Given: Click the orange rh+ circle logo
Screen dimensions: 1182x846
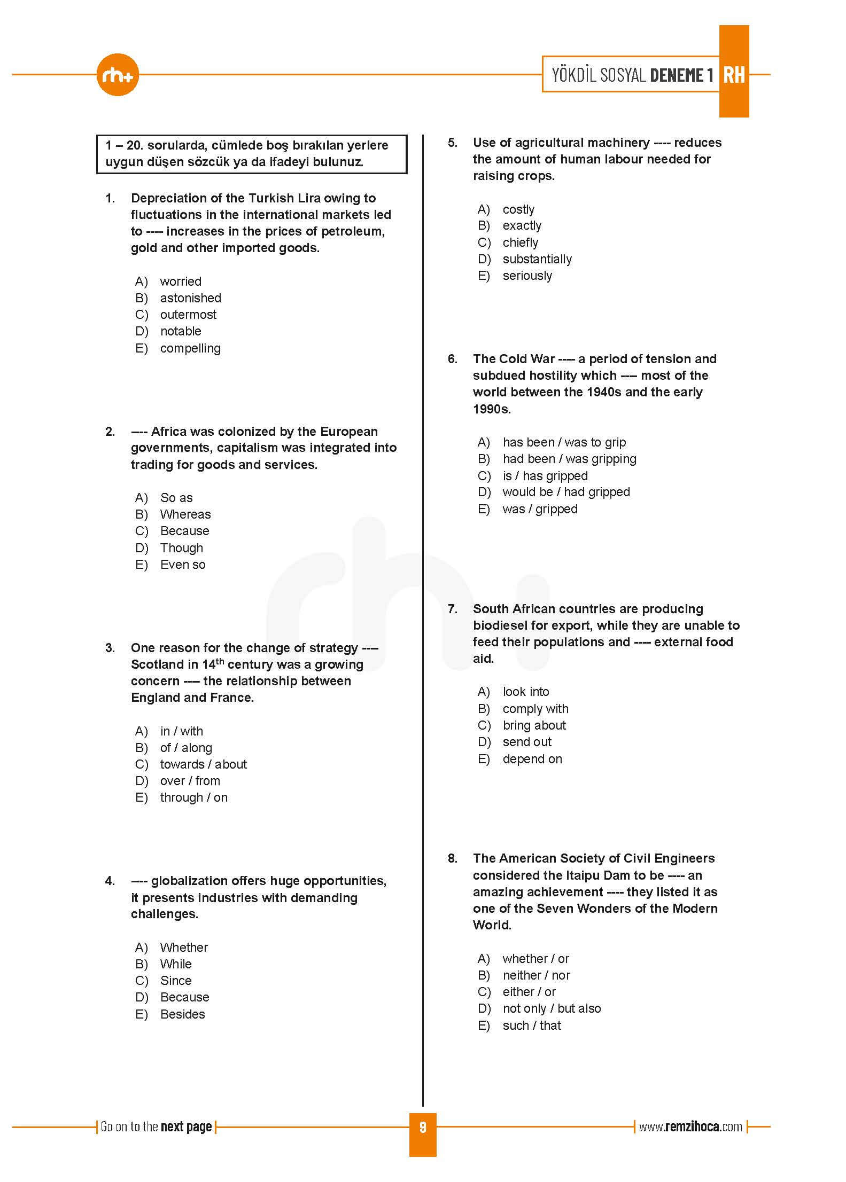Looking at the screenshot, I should [118, 75].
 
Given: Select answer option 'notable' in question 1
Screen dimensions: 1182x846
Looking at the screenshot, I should [181, 331].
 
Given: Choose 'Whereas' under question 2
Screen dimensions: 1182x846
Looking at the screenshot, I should [185, 514].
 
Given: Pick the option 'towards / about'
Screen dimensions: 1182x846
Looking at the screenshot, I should [204, 764].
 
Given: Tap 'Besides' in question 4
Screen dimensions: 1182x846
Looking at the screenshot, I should [182, 1014].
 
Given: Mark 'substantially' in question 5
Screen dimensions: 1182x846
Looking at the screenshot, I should [537, 259].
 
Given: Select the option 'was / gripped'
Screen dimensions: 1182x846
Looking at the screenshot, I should [540, 509].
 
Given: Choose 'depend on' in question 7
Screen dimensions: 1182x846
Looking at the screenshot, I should [532, 759].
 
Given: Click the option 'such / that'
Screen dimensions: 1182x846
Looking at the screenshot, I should [532, 1026].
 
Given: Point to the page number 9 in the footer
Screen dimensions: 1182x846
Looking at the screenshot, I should [423, 1127].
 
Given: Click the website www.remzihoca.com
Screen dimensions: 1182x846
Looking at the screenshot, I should [690, 1127].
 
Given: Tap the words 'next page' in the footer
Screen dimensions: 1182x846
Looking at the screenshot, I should [186, 1127].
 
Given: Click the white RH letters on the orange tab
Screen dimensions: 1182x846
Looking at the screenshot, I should [734, 75].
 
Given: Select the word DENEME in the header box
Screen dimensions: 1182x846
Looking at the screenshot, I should [677, 75].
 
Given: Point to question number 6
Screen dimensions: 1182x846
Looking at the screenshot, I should [453, 359].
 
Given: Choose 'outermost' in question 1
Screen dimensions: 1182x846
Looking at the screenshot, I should [188, 315].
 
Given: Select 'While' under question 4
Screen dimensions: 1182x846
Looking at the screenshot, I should [176, 964].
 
